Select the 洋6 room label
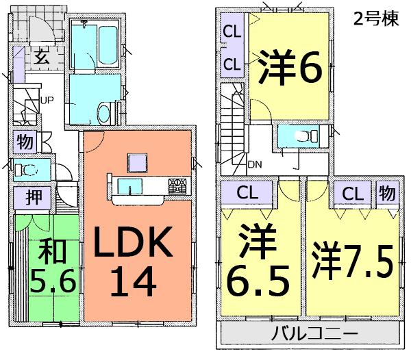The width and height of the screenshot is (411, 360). [x=291, y=67]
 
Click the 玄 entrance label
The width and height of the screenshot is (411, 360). [x=42, y=57]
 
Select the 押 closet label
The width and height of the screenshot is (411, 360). [x=33, y=198]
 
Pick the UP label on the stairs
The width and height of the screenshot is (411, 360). [x=47, y=101]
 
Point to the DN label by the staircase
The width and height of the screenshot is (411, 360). [x=254, y=164]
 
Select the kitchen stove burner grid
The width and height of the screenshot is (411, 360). [x=177, y=185]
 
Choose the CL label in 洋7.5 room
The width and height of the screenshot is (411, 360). [x=352, y=193]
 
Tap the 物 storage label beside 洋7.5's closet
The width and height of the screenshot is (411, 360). [x=387, y=193]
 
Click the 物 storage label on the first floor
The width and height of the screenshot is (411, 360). [x=25, y=143]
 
